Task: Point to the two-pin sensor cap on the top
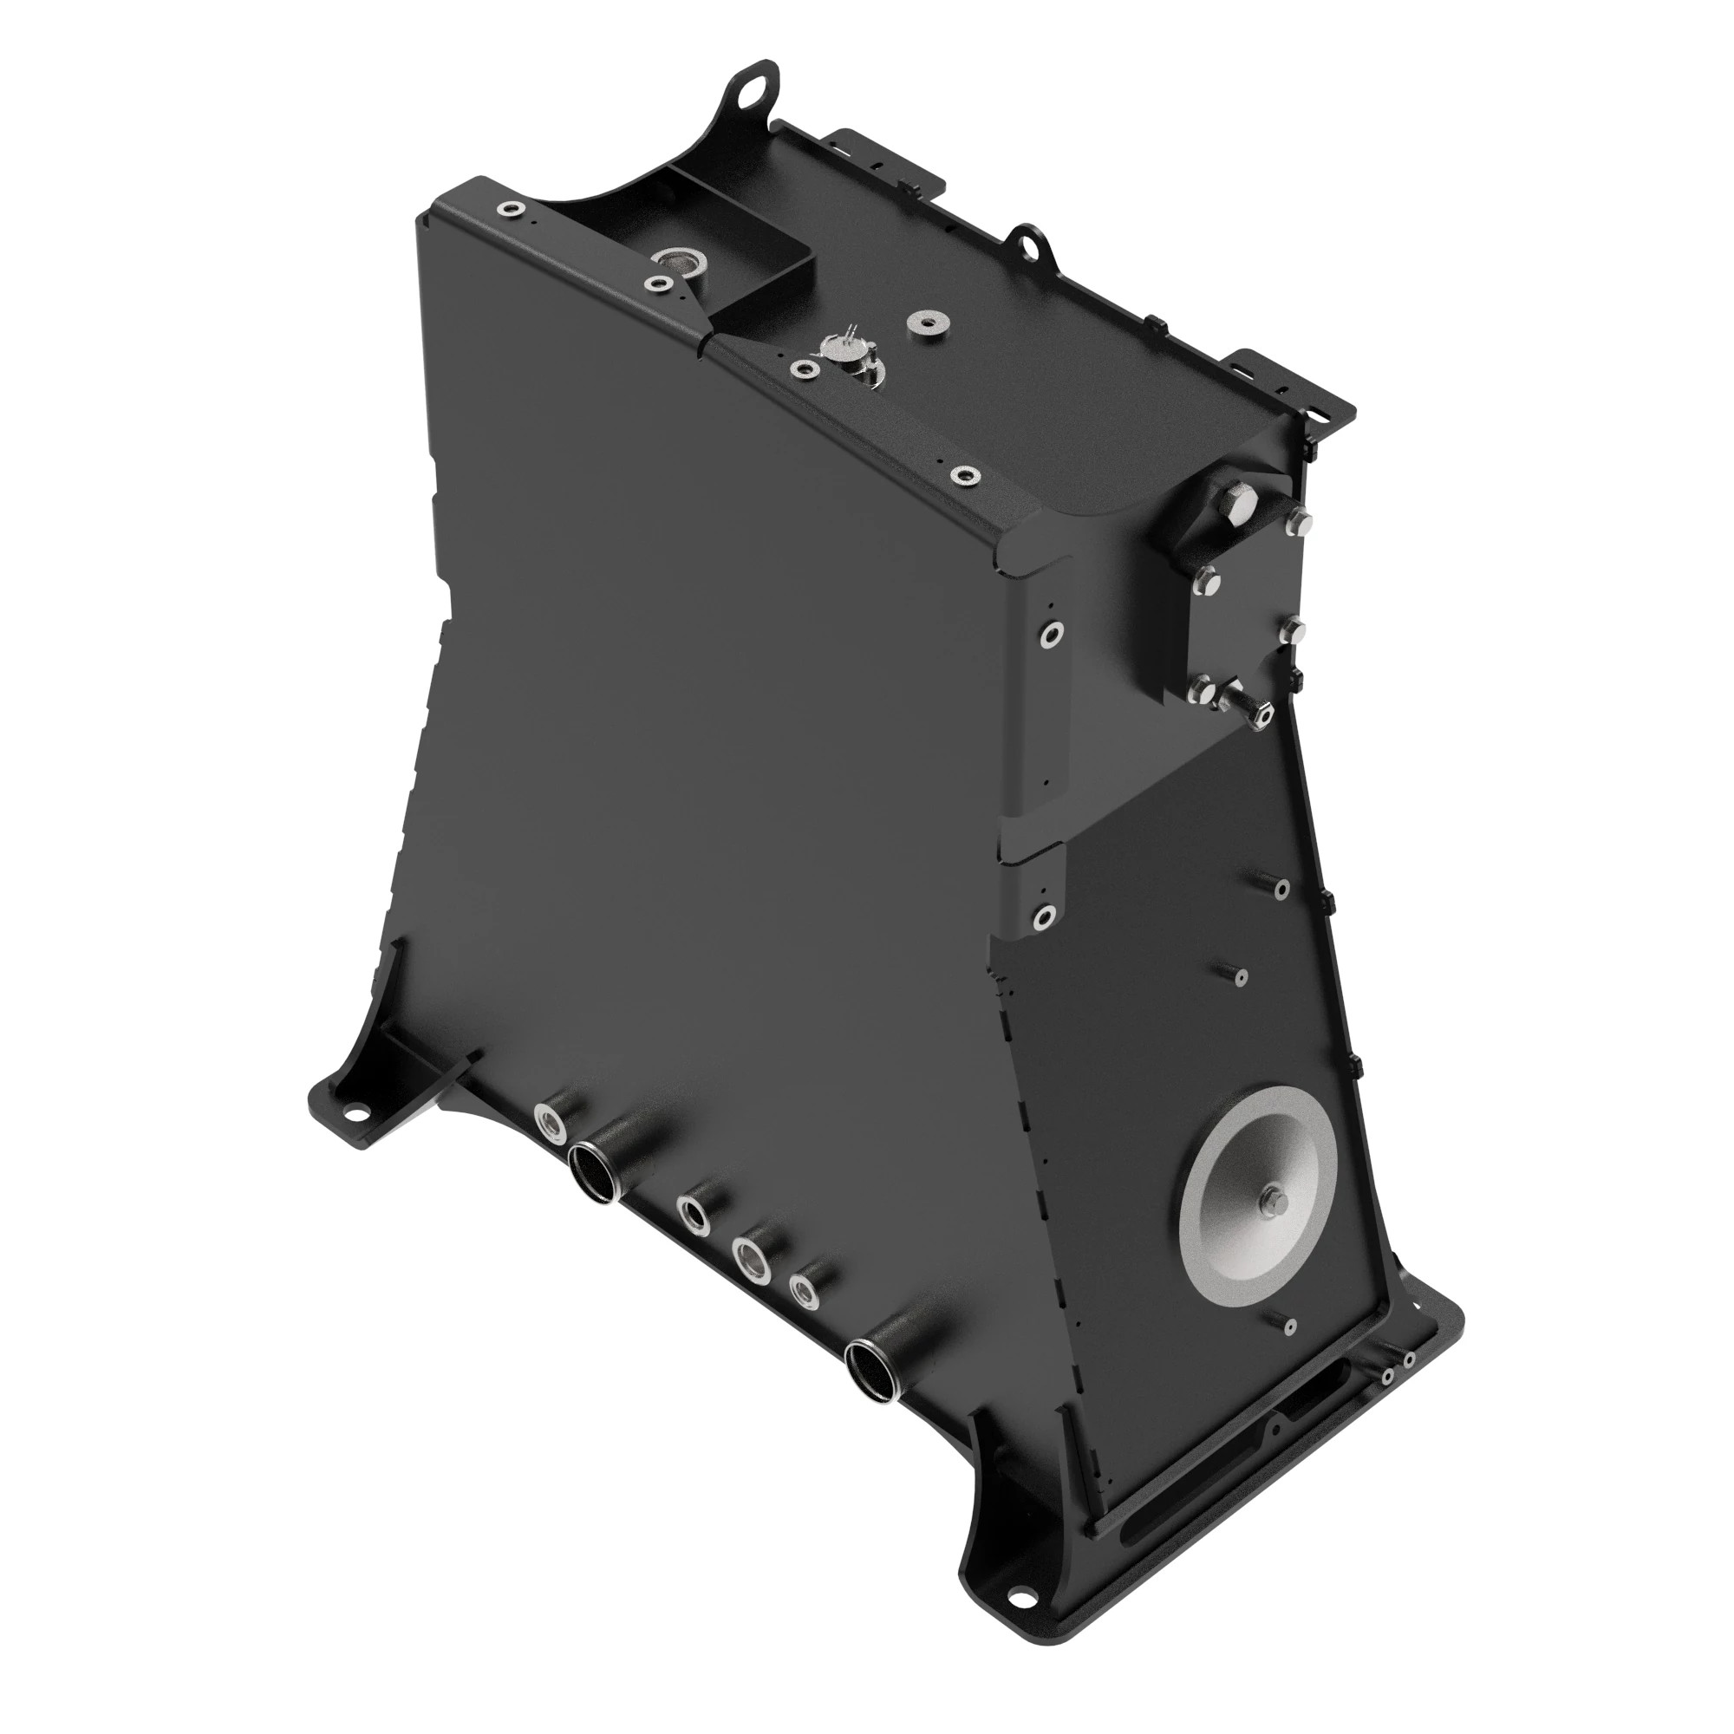(x=844, y=346)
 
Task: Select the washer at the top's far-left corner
(x=511, y=209)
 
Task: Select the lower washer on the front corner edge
(x=1043, y=916)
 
